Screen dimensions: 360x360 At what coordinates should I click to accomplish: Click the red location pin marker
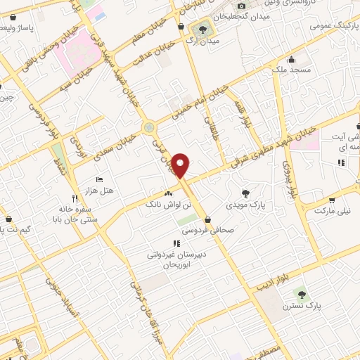click(181, 165)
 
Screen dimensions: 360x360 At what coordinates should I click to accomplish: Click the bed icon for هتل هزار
click(99, 180)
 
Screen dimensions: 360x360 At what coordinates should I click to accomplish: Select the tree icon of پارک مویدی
click(245, 193)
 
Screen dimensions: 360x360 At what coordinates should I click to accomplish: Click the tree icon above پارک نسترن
click(302, 294)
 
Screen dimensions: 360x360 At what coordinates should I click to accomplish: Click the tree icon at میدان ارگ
click(202, 30)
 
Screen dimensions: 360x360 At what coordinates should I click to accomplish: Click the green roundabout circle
click(148, 127)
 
